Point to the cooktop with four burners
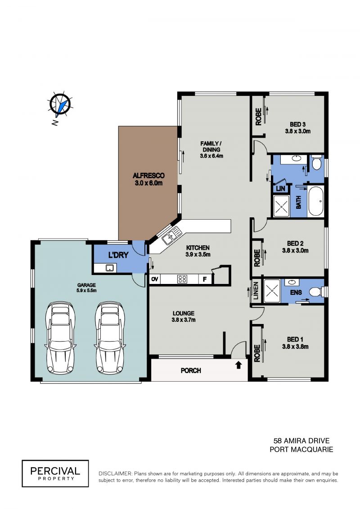pyautogui.click(x=182, y=279)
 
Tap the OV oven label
pyautogui.click(x=155, y=279)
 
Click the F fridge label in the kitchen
pyautogui.click(x=205, y=279)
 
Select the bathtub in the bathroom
pyautogui.click(x=315, y=201)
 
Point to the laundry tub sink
pyautogui.click(x=110, y=268)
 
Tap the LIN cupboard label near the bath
pyautogui.click(x=280, y=188)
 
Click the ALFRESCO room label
pyautogui.click(x=148, y=176)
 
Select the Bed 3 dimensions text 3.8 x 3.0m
pyautogui.click(x=297, y=131)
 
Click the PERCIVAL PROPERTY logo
pyautogui.click(x=55, y=473)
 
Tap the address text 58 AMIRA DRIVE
pyautogui.click(x=301, y=441)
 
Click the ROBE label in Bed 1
pyautogui.click(x=257, y=353)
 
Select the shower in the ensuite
pyautogui.click(x=272, y=291)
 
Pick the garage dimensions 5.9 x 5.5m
pyautogui.click(x=86, y=291)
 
